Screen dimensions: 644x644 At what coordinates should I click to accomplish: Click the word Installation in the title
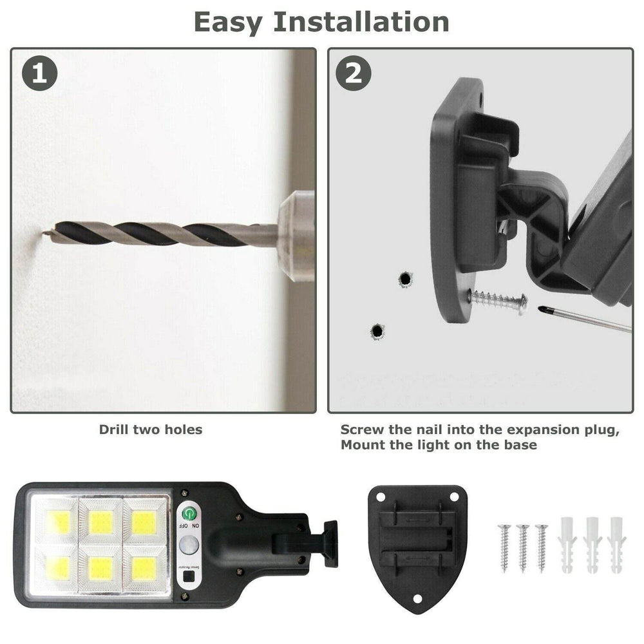360,21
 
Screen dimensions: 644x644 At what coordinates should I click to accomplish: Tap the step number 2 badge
354,73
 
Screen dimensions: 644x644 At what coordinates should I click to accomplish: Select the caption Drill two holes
151,430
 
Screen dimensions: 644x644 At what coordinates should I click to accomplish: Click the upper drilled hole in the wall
405,279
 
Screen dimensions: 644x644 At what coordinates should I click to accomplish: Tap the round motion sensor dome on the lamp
189,547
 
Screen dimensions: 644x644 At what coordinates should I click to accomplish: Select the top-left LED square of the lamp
57,522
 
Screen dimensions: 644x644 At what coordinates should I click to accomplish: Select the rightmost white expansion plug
615,544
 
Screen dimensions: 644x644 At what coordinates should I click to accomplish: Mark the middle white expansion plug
591,544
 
